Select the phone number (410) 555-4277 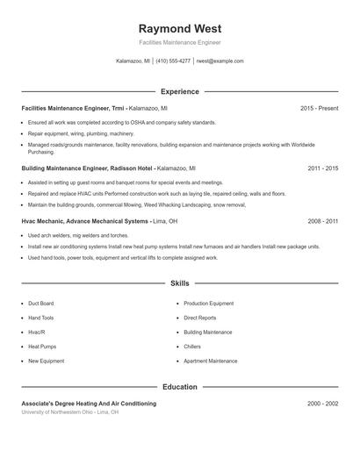173,61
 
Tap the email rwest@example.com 220,61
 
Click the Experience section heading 179,91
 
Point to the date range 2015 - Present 319,108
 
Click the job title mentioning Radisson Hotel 108,167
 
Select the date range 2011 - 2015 322,167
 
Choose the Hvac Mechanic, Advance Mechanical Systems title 96,221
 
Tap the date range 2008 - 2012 322,221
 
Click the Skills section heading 179,283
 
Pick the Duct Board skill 41,303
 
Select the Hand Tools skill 41,318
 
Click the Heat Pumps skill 42,347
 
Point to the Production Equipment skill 208,303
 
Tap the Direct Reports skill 200,318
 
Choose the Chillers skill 192,347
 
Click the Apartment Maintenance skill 210,361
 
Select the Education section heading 179,386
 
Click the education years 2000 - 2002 322,404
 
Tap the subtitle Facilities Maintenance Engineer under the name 179,42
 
